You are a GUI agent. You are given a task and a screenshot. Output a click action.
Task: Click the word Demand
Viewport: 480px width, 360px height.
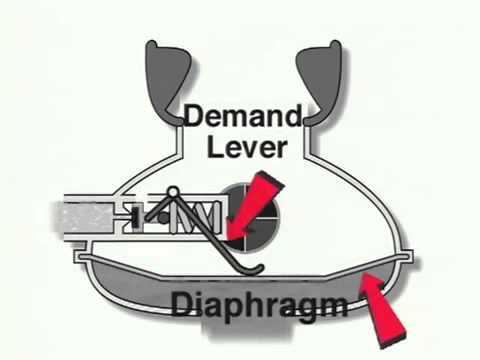tap(242, 118)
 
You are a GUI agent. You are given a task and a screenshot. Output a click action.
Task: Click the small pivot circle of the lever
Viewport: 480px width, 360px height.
tap(171, 192)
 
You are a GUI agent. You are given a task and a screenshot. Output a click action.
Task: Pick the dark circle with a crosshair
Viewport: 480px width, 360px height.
tap(245, 213)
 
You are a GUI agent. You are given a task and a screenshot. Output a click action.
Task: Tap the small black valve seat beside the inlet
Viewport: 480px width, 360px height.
tap(133, 215)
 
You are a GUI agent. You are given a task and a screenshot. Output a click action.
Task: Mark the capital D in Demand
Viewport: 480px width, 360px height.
tap(194, 118)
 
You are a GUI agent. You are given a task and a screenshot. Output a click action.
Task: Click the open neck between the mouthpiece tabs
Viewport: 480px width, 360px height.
tap(243, 80)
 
